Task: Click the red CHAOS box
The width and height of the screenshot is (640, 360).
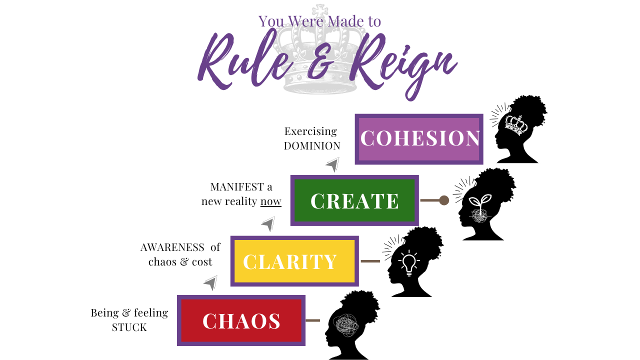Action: coord(241,320)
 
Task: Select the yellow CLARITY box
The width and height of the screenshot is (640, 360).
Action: coord(294,261)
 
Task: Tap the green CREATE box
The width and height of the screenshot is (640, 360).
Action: coord(354,200)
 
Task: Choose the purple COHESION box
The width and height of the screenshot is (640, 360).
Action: coord(419,139)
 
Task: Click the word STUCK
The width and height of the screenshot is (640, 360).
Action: coord(129,328)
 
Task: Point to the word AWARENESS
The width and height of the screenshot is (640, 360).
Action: coord(172,247)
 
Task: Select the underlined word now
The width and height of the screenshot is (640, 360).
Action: coord(271,201)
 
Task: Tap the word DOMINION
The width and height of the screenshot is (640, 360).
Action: coord(312,146)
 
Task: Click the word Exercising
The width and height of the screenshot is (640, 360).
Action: coord(310,131)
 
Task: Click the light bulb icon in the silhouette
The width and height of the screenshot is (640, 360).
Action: coord(409,263)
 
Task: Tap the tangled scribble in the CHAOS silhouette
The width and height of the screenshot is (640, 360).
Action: coord(346,325)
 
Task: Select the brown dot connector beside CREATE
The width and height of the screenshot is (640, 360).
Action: coord(444,200)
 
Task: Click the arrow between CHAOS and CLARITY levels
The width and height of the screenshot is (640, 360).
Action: coord(210,283)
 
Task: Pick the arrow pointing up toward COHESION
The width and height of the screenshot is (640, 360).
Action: coord(332,164)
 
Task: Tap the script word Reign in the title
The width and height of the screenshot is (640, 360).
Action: coord(400,62)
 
